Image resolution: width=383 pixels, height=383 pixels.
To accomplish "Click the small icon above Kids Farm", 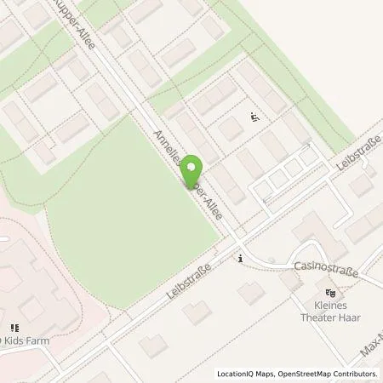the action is [14, 327].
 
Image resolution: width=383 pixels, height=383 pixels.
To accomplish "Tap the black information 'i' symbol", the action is [242, 258].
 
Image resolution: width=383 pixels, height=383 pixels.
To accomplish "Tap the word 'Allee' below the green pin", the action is [211, 204].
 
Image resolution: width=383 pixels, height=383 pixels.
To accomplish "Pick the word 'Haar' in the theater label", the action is [348, 317].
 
